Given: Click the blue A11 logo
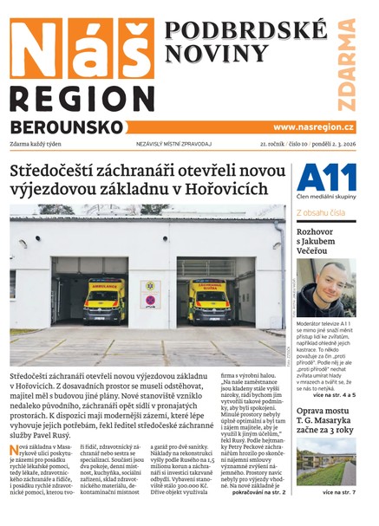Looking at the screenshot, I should tap(325, 180).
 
